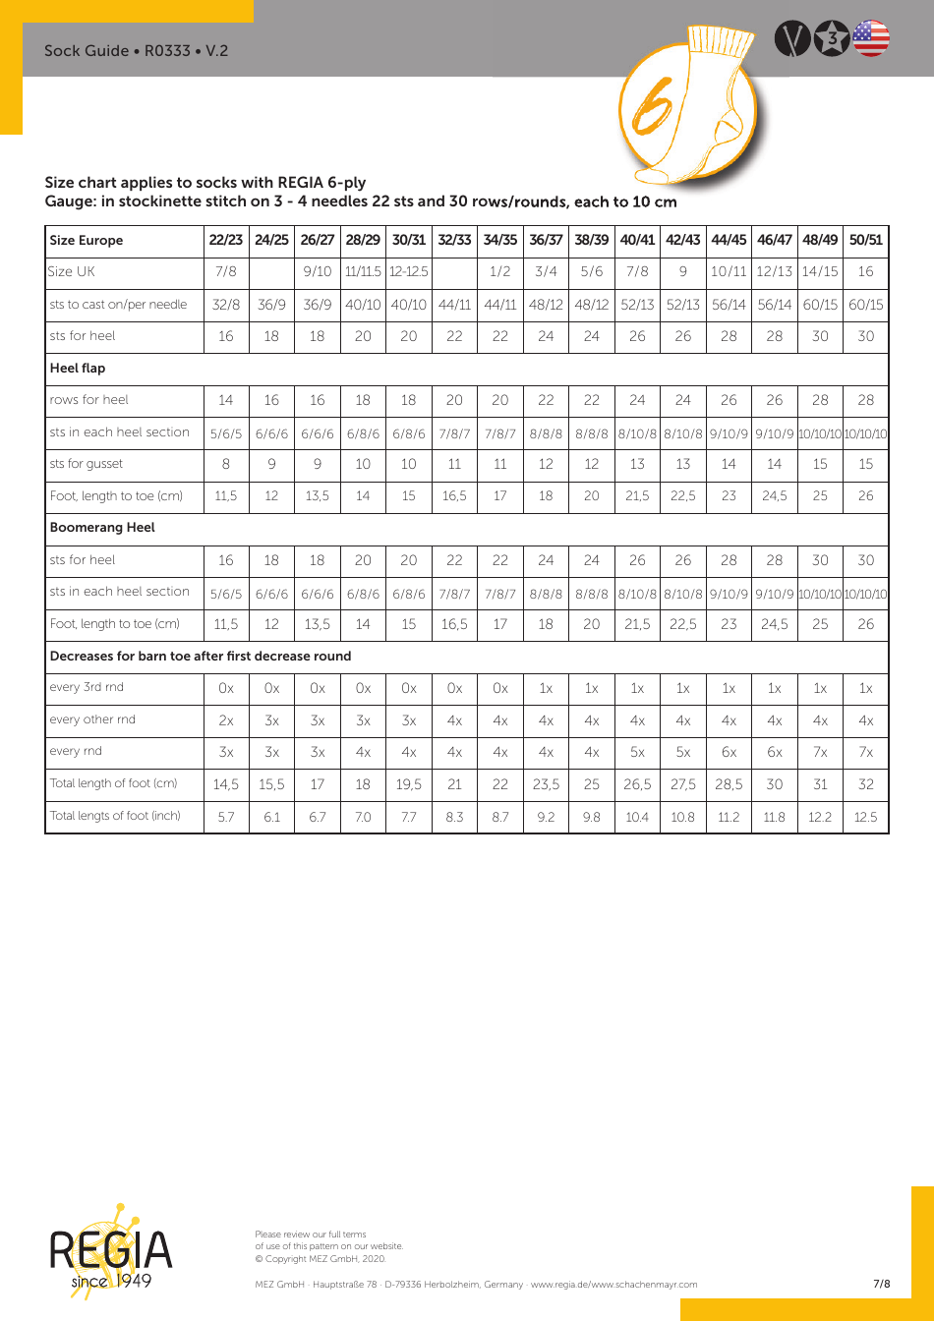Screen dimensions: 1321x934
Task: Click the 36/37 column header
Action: coord(546,240)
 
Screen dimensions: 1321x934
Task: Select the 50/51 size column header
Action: coord(865,240)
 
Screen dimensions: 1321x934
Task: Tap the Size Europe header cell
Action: coord(87,241)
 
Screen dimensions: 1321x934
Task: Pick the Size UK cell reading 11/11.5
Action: coord(363,272)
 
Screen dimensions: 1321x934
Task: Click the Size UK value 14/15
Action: coord(820,272)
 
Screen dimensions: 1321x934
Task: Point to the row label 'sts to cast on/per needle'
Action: coord(118,305)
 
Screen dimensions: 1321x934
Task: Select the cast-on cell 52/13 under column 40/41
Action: coord(637,305)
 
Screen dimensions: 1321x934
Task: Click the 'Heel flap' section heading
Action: coord(78,369)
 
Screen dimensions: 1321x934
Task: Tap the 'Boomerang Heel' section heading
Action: coord(102,528)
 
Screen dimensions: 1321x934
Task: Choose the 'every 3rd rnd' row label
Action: coord(87,688)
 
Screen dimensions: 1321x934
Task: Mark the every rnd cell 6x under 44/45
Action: coord(729,752)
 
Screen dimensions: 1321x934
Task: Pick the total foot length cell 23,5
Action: coord(546,784)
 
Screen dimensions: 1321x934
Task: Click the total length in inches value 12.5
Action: coord(865,817)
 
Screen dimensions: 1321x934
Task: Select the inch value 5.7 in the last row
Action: coord(226,817)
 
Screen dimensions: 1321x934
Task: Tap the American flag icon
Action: coord(871,38)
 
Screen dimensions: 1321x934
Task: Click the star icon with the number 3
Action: coord(833,38)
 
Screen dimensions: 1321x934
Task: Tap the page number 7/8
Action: coord(882,1284)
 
